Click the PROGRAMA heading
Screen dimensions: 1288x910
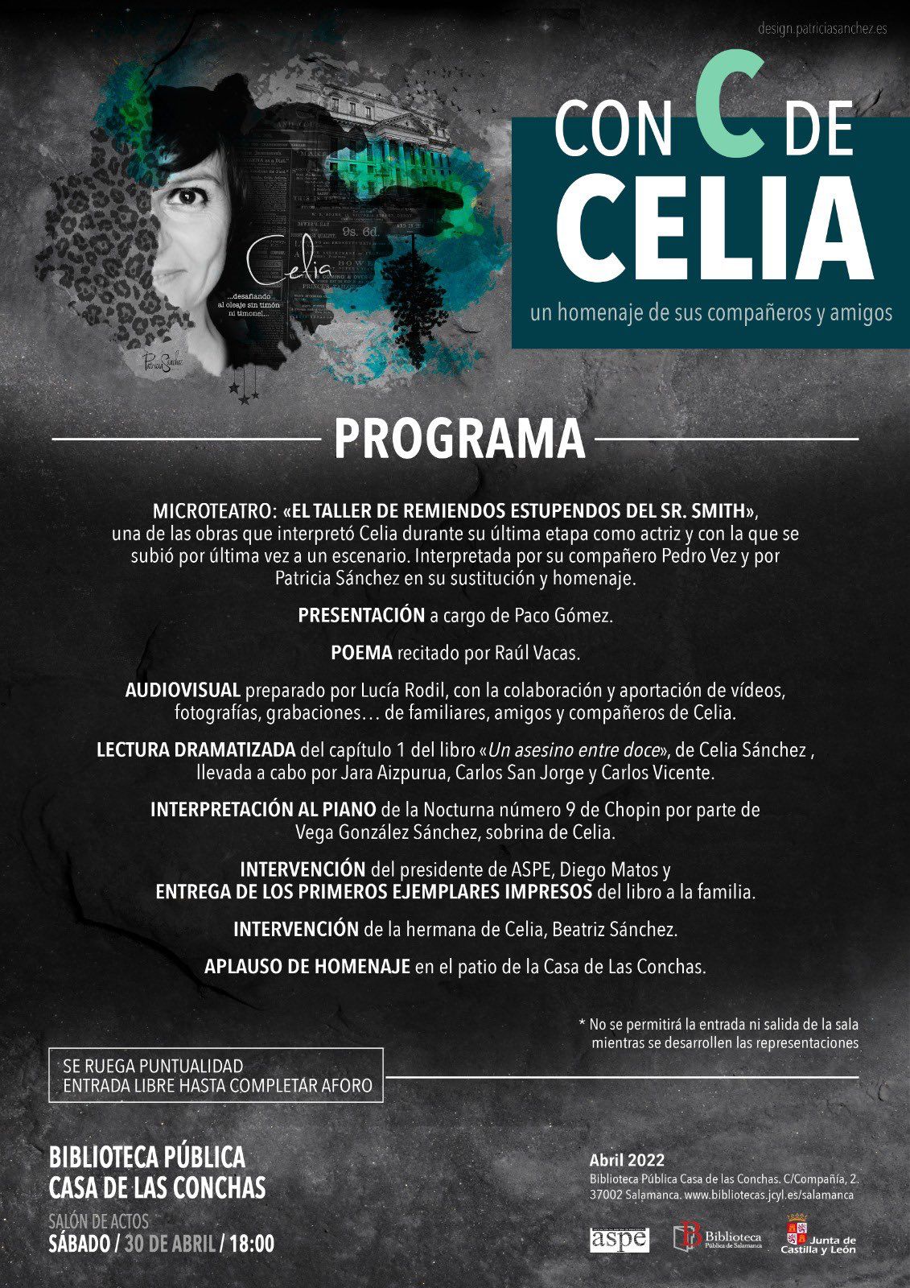coord(459,439)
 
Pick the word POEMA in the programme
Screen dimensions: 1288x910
coord(361,653)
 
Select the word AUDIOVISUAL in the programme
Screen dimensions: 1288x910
coord(183,690)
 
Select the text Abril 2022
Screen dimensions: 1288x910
coord(627,1160)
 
